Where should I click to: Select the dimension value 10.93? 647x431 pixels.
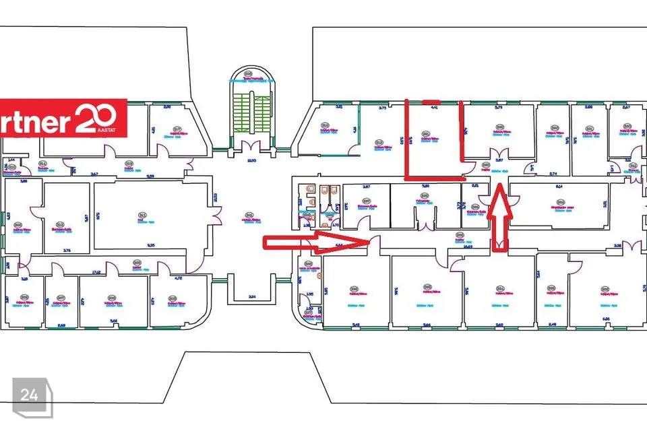(x=252, y=160)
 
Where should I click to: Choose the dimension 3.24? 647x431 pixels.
(x=252, y=296)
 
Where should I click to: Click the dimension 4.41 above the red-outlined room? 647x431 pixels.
(x=434, y=107)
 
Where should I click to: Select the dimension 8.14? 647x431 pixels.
(x=559, y=185)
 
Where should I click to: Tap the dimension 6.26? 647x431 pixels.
(x=605, y=319)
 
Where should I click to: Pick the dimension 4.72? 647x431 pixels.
(x=178, y=277)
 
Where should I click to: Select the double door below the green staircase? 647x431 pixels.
(x=252, y=147)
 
